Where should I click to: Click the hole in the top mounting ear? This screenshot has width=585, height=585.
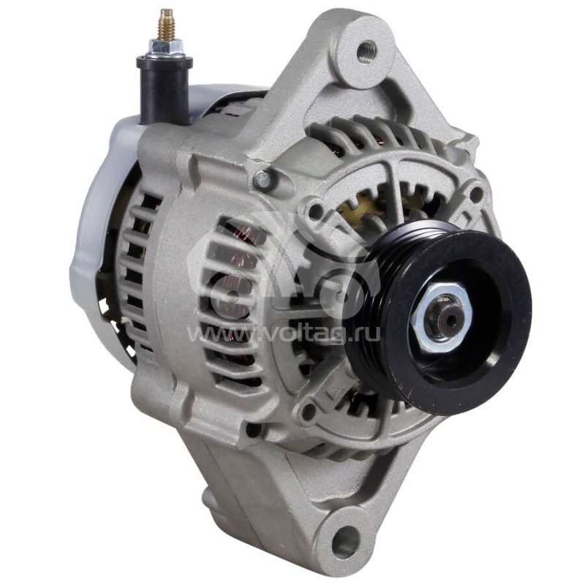[x=366, y=50]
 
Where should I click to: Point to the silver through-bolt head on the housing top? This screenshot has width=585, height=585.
[x=263, y=178]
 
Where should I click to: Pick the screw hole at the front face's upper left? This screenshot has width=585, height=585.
[x=315, y=213]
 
